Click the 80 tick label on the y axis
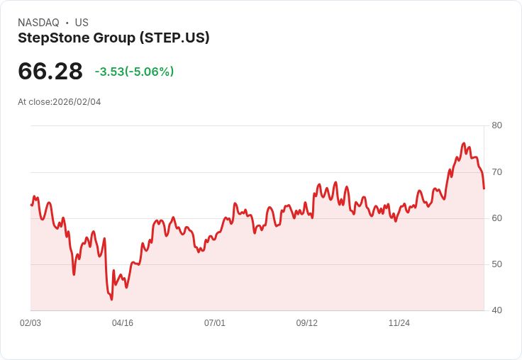[x=496, y=125]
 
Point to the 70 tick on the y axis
[x=496, y=171]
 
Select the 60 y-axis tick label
[x=496, y=218]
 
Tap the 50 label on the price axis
[x=496, y=264]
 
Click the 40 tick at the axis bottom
[x=496, y=310]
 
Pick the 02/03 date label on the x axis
[x=30, y=323]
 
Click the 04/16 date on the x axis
[x=123, y=323]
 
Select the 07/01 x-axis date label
[x=215, y=323]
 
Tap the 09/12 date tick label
[x=307, y=323]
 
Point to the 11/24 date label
[x=399, y=323]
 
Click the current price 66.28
[x=50, y=71]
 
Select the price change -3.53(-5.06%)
[x=134, y=72]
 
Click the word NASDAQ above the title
[x=38, y=23]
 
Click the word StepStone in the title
[x=49, y=38]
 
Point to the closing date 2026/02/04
[x=77, y=102]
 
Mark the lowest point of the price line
[x=111, y=299]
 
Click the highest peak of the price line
[x=464, y=143]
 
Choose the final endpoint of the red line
[x=484, y=189]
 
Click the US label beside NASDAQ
[x=82, y=23]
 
